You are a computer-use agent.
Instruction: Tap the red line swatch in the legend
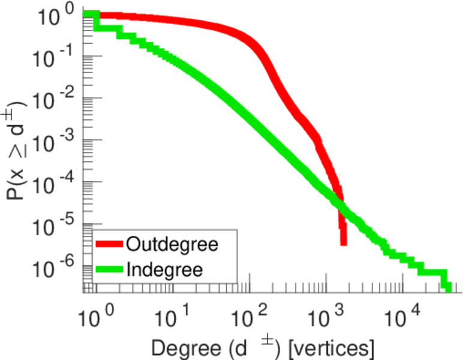point(110,245)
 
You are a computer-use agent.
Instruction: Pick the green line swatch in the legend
point(110,270)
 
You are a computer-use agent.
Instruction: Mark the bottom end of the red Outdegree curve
point(343,242)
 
